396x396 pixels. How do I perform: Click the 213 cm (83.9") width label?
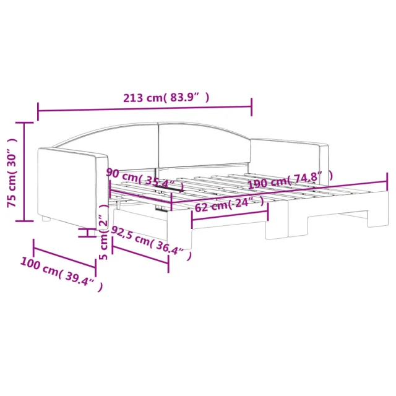pos(166,98)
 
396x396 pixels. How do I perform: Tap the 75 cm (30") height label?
pos(12,173)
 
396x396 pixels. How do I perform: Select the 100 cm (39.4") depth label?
pos(61,273)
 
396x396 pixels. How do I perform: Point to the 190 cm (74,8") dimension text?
pos(290,180)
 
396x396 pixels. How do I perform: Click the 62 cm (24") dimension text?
pos(230,204)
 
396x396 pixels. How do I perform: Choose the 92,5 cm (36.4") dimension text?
pos(151,243)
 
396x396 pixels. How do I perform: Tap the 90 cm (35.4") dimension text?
pos(145,179)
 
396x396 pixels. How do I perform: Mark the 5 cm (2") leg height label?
pos(104,232)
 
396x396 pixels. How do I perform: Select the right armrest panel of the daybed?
pos(290,158)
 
